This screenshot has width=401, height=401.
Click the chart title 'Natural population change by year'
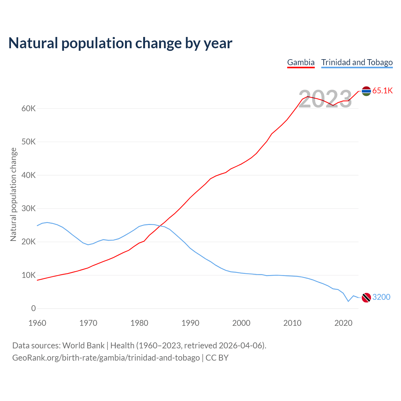pos(120,43)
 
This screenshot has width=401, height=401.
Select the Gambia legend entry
pos(301,62)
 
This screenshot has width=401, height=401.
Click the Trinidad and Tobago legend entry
pos(357,62)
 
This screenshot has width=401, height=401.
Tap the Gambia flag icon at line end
pos(366,91)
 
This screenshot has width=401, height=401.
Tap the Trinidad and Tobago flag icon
pos(366,297)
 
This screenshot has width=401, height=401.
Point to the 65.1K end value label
pos(383,91)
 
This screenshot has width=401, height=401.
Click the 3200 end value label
pos(381,297)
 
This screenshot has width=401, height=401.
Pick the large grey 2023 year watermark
pos(325,99)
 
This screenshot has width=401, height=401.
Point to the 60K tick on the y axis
pos(29,109)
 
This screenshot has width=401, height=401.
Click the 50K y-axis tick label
pos(29,142)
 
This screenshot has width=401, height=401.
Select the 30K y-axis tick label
pos(29,209)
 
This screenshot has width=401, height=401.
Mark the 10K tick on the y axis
pos(29,275)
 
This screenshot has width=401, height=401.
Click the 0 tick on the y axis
pos(34,309)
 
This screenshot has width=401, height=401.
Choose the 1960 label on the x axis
pos(37,323)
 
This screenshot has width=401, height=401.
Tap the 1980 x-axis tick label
pos(139,323)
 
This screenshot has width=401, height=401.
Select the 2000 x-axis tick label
pos(241,323)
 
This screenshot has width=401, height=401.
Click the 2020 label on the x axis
pos(343,323)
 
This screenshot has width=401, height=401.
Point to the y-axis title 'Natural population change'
pos(13,195)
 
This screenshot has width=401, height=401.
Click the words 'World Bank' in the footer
pos(83,346)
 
